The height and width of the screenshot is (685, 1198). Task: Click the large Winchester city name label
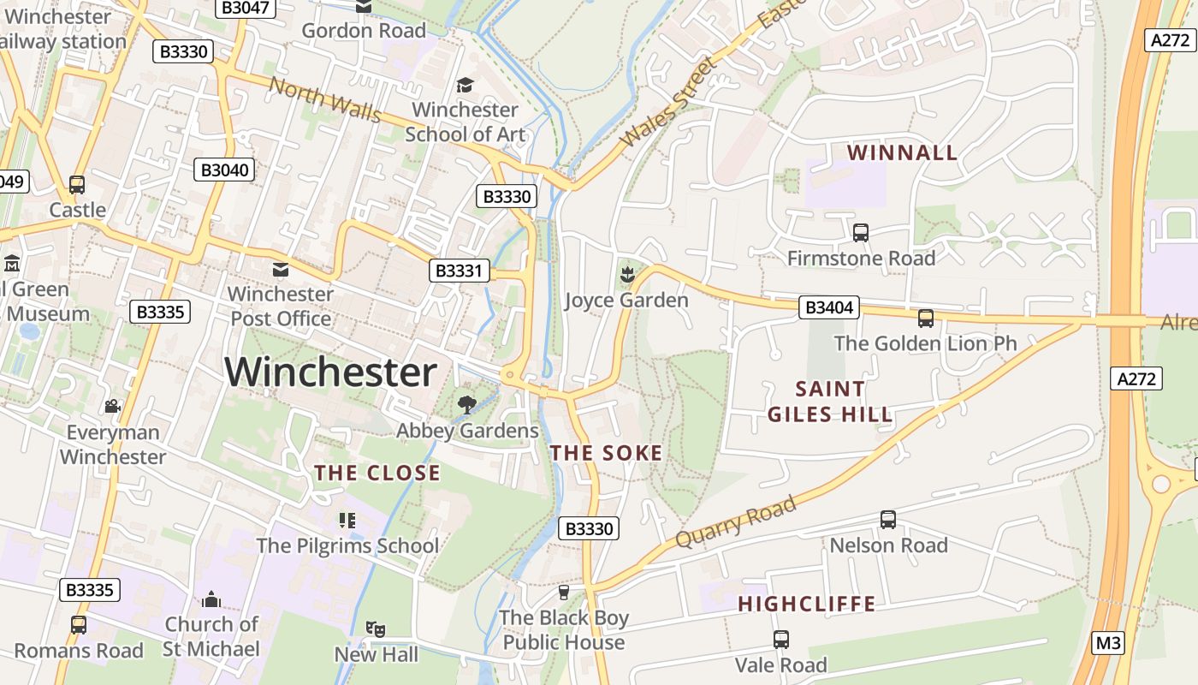(330, 372)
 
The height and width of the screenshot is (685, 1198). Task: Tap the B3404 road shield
(828, 307)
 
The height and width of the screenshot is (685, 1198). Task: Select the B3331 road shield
(460, 271)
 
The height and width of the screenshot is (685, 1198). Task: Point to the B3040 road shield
(224, 170)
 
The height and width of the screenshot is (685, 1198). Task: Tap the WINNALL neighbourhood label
(902, 152)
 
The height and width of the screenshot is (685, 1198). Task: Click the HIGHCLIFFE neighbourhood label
(806, 604)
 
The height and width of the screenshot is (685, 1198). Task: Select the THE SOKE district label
(606, 453)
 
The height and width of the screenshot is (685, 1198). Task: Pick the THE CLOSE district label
(377, 473)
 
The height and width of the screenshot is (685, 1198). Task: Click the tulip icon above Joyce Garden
(626, 275)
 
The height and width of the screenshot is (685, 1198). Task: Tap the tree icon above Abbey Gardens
(467, 404)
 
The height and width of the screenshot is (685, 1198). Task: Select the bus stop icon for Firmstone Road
(861, 232)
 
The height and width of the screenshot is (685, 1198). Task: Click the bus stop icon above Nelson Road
(888, 519)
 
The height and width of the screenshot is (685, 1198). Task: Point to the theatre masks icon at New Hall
(375, 629)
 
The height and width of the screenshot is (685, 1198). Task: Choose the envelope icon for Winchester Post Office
(280, 270)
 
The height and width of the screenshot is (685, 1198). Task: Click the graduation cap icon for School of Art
(465, 85)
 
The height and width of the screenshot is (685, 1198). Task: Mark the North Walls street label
(325, 99)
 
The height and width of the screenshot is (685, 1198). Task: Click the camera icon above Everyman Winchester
(111, 406)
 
